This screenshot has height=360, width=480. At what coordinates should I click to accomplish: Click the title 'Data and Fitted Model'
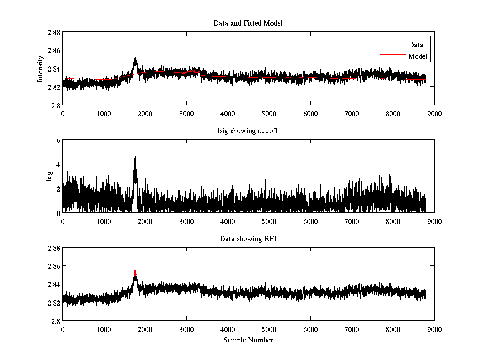(x=248, y=23)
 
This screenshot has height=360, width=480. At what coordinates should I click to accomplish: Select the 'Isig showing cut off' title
(x=248, y=131)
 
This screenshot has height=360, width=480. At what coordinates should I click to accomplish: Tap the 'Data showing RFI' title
(x=248, y=239)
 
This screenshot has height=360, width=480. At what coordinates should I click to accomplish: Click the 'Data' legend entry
(x=416, y=45)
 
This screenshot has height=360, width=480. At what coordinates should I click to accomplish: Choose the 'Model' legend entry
(x=418, y=56)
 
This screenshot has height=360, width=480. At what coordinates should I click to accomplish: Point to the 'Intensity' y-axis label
(x=40, y=68)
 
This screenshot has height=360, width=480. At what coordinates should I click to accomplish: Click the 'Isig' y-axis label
(x=49, y=176)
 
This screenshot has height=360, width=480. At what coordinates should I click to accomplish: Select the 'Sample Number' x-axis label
(x=248, y=340)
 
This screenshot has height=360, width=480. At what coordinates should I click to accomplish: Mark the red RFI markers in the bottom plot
(x=135, y=273)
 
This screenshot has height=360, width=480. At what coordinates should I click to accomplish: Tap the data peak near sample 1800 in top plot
(x=135, y=58)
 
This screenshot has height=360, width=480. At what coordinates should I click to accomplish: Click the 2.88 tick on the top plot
(x=54, y=32)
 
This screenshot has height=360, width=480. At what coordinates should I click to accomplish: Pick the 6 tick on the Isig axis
(x=58, y=140)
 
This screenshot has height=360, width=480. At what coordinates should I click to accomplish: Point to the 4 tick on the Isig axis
(x=58, y=164)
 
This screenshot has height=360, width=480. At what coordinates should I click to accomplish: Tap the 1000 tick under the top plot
(x=104, y=113)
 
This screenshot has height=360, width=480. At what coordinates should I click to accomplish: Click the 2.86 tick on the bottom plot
(x=54, y=266)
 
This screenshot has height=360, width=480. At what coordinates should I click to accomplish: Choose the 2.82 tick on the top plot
(x=54, y=87)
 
